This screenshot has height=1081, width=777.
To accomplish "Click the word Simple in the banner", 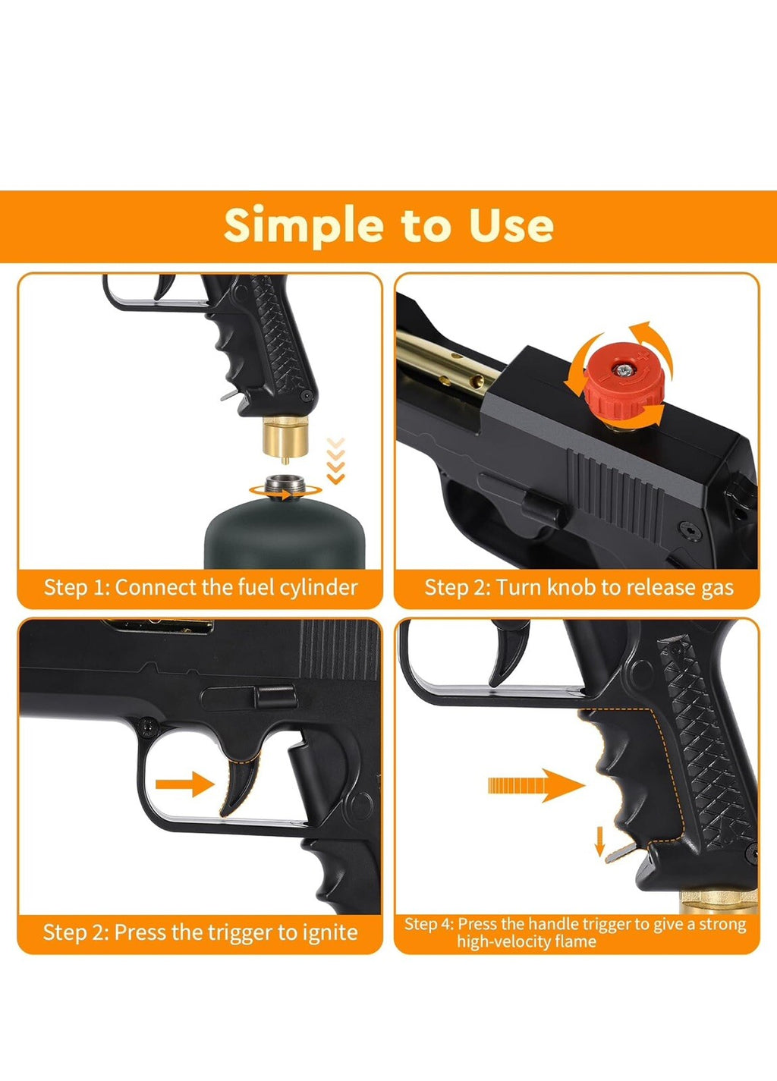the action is pos(304,226).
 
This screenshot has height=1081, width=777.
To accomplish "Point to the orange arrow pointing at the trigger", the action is pos(185,784).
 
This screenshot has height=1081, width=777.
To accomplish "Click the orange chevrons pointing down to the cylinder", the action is pos(336,460).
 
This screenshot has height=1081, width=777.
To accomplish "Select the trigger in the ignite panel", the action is pos(240,783).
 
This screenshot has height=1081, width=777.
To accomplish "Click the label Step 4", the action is pos(429,924).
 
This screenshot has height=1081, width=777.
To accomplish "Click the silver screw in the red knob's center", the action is pos(623,371).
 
